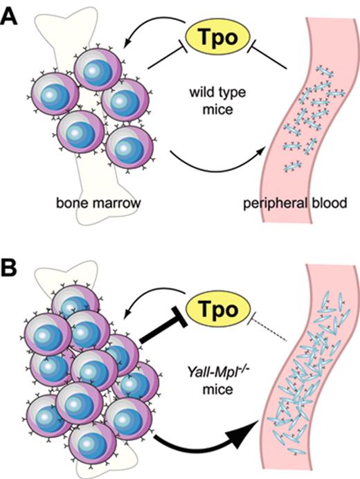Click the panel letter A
tap(12, 15)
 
